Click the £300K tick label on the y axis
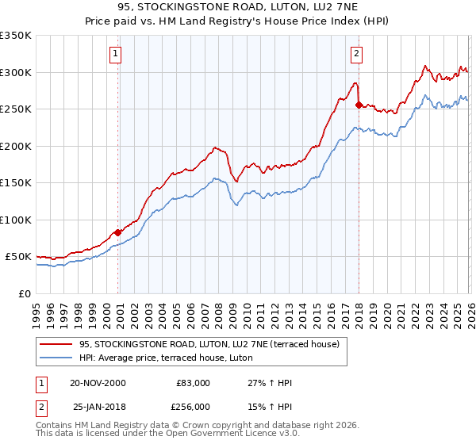[x=16, y=72]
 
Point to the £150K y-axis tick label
[x=16, y=182]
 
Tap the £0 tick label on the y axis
[x=25, y=293]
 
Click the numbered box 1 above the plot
[x=115, y=54]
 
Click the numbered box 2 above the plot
[x=356, y=54]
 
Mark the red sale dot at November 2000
[x=118, y=232]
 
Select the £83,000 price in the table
[x=193, y=383]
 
